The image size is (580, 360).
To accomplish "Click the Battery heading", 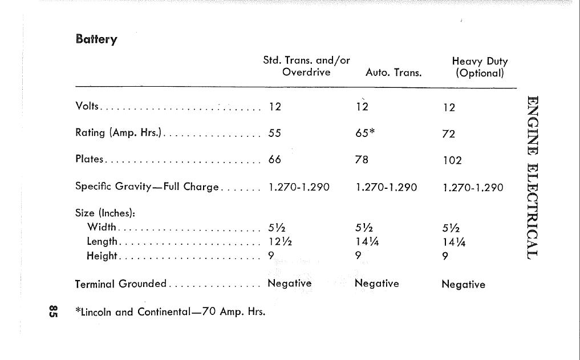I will (x=96, y=39).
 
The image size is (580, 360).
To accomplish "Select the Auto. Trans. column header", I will (x=393, y=73).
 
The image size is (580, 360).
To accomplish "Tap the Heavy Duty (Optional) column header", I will (x=479, y=67).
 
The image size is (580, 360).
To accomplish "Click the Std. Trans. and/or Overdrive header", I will (x=306, y=66).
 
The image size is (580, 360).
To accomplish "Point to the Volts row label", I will (x=87, y=107).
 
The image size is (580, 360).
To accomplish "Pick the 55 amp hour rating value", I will (x=275, y=133).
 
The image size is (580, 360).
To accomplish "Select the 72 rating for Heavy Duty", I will (x=449, y=134).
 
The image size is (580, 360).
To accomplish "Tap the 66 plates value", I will (x=275, y=160).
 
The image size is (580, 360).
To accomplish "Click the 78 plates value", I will (x=362, y=160).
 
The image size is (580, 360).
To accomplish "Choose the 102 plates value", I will (x=452, y=161).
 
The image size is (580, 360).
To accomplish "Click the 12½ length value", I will (x=280, y=241).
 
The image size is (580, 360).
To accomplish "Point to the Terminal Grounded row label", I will (x=121, y=284).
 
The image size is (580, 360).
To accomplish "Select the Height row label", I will (x=102, y=256).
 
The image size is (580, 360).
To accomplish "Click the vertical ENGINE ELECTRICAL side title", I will (x=533, y=177).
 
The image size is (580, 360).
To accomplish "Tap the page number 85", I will (x=52, y=311).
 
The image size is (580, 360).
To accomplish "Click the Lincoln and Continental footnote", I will (x=171, y=312).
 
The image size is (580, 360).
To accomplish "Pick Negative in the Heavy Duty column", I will (x=463, y=285).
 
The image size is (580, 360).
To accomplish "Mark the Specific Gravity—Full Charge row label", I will (x=147, y=187).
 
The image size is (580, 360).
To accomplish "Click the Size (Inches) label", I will (x=106, y=213).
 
